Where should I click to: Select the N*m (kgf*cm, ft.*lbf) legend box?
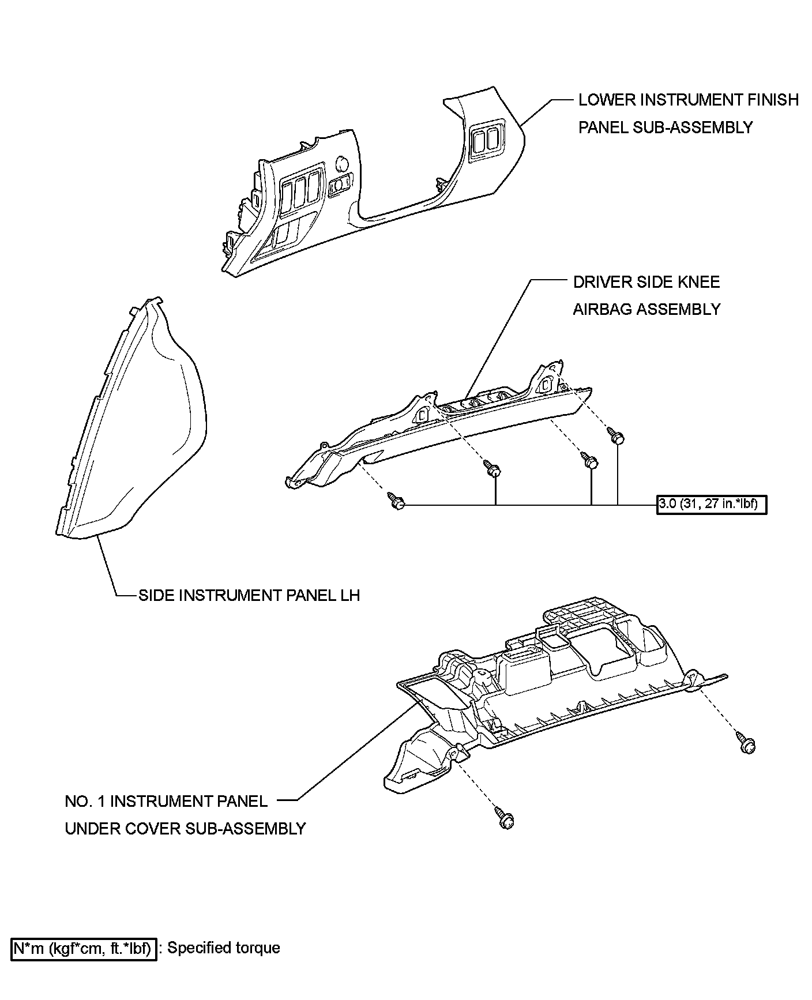[84, 948]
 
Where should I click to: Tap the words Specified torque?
[223, 948]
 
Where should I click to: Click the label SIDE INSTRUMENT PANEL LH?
[249, 595]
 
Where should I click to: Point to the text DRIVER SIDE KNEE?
[646, 282]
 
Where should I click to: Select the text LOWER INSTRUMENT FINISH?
[689, 100]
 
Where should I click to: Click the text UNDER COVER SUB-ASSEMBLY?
[185, 829]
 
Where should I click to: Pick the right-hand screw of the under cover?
[746, 742]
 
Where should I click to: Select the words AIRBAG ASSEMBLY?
[646, 309]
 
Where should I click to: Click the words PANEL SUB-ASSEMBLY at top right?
[666, 127]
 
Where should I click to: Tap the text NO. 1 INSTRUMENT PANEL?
[166, 801]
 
